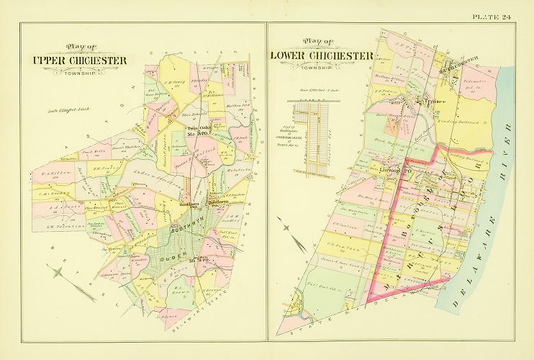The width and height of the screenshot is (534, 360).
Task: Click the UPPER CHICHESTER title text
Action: click(80, 60)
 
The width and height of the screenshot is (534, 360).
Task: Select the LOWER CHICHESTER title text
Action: click(321, 55)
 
